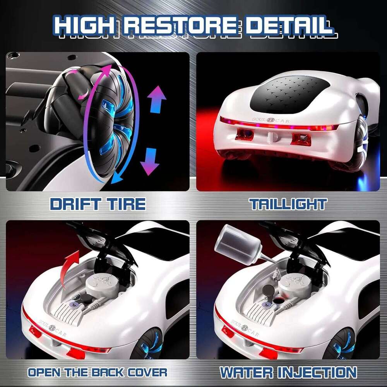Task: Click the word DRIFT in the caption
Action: pos(74,204)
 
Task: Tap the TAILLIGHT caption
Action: pos(288,204)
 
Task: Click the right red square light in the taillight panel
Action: pos(301,139)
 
